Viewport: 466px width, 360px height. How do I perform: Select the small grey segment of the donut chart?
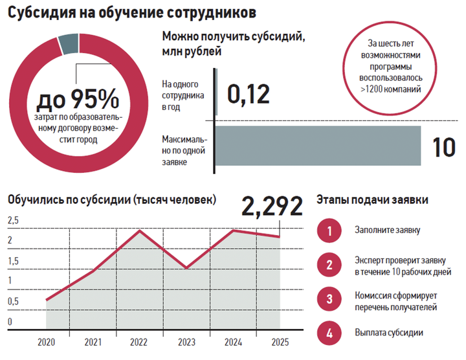67,43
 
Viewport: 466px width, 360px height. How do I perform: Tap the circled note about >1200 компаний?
393,67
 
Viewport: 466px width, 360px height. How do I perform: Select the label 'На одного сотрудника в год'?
183,95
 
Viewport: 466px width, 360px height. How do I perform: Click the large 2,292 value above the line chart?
272,207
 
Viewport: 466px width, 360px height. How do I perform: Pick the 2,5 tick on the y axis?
13,221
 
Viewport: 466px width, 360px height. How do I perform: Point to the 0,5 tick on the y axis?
13,302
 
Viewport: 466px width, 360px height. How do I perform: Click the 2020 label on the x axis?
46,343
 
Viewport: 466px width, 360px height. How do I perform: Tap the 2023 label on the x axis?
186,343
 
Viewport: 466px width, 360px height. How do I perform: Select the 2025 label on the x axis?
280,343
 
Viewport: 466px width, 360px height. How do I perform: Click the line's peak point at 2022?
140,231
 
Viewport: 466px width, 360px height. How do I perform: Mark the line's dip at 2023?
186,268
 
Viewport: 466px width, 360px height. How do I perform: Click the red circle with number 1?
329,231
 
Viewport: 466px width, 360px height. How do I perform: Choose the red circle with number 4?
329,333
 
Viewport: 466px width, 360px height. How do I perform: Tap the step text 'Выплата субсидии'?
388,333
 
